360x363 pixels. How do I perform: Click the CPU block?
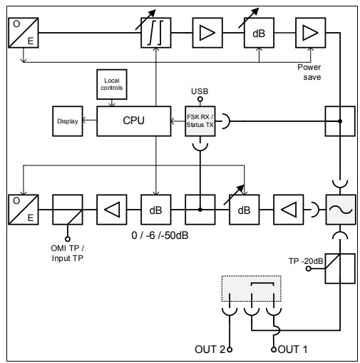[133, 121]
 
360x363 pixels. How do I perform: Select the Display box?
[68, 121]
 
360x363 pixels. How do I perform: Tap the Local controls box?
[112, 84]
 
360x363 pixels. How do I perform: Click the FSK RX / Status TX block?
[200, 121]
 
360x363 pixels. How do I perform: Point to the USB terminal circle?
[200, 99]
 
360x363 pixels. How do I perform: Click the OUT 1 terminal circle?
[274, 349]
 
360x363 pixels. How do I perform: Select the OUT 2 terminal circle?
[230, 349]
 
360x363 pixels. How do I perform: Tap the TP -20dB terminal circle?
[309, 269]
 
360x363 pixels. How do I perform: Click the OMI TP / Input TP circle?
[68, 239]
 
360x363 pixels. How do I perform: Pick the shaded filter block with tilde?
[340, 210]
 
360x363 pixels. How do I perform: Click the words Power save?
[309, 72]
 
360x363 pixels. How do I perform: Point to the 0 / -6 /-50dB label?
[160, 235]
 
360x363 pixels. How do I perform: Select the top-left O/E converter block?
[24, 33]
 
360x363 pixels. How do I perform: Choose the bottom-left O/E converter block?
[24, 210]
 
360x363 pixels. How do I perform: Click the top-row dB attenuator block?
[259, 33]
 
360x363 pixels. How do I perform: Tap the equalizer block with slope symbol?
[156, 33]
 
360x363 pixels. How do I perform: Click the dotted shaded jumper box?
[252, 289]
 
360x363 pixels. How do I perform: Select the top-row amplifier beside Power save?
[310, 33]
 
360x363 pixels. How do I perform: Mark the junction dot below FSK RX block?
[200, 210]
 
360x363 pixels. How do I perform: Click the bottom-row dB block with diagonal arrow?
[245, 210]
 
